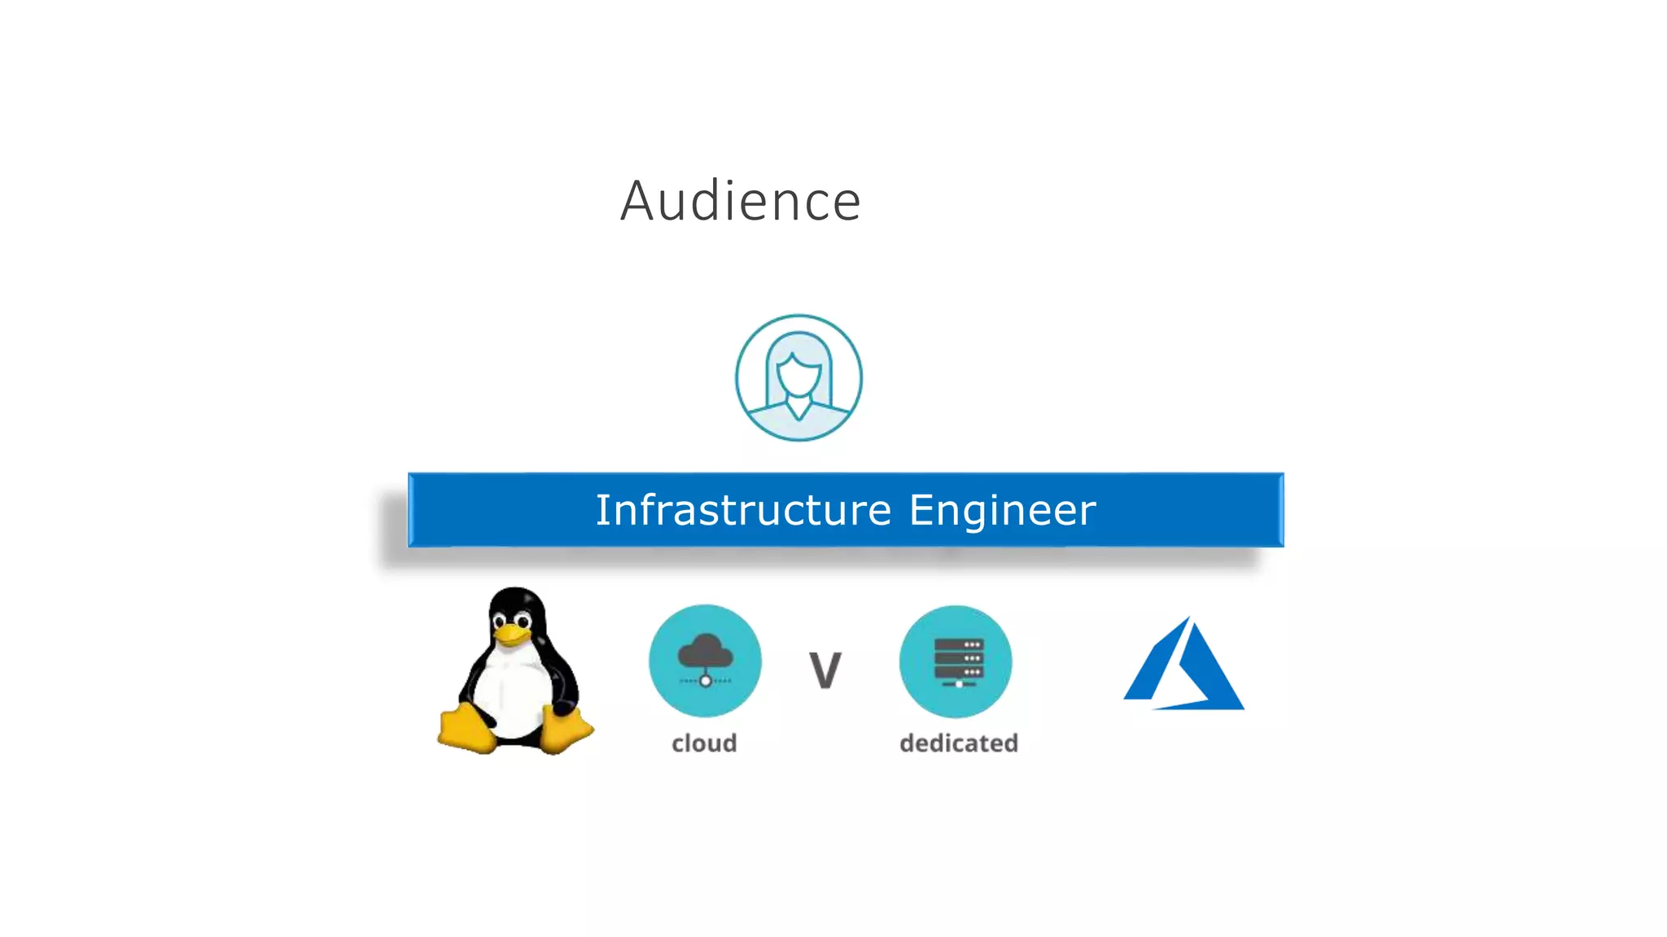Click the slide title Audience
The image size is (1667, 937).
(740, 201)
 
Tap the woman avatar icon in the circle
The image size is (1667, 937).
(798, 378)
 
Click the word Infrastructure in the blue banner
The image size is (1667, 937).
(743, 510)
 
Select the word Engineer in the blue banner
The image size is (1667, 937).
(1002, 512)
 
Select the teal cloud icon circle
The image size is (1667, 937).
(705, 660)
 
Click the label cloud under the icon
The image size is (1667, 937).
(704, 743)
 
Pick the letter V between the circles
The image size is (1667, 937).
(825, 670)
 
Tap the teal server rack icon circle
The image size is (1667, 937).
(956, 661)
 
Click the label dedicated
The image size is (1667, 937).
(959, 743)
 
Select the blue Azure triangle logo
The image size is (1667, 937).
(1184, 667)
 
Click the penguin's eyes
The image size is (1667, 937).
(512, 621)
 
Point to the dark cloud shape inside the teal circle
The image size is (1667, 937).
(705, 651)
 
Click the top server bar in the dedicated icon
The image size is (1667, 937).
(959, 644)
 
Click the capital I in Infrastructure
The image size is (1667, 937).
(601, 510)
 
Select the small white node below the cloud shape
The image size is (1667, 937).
(705, 681)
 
